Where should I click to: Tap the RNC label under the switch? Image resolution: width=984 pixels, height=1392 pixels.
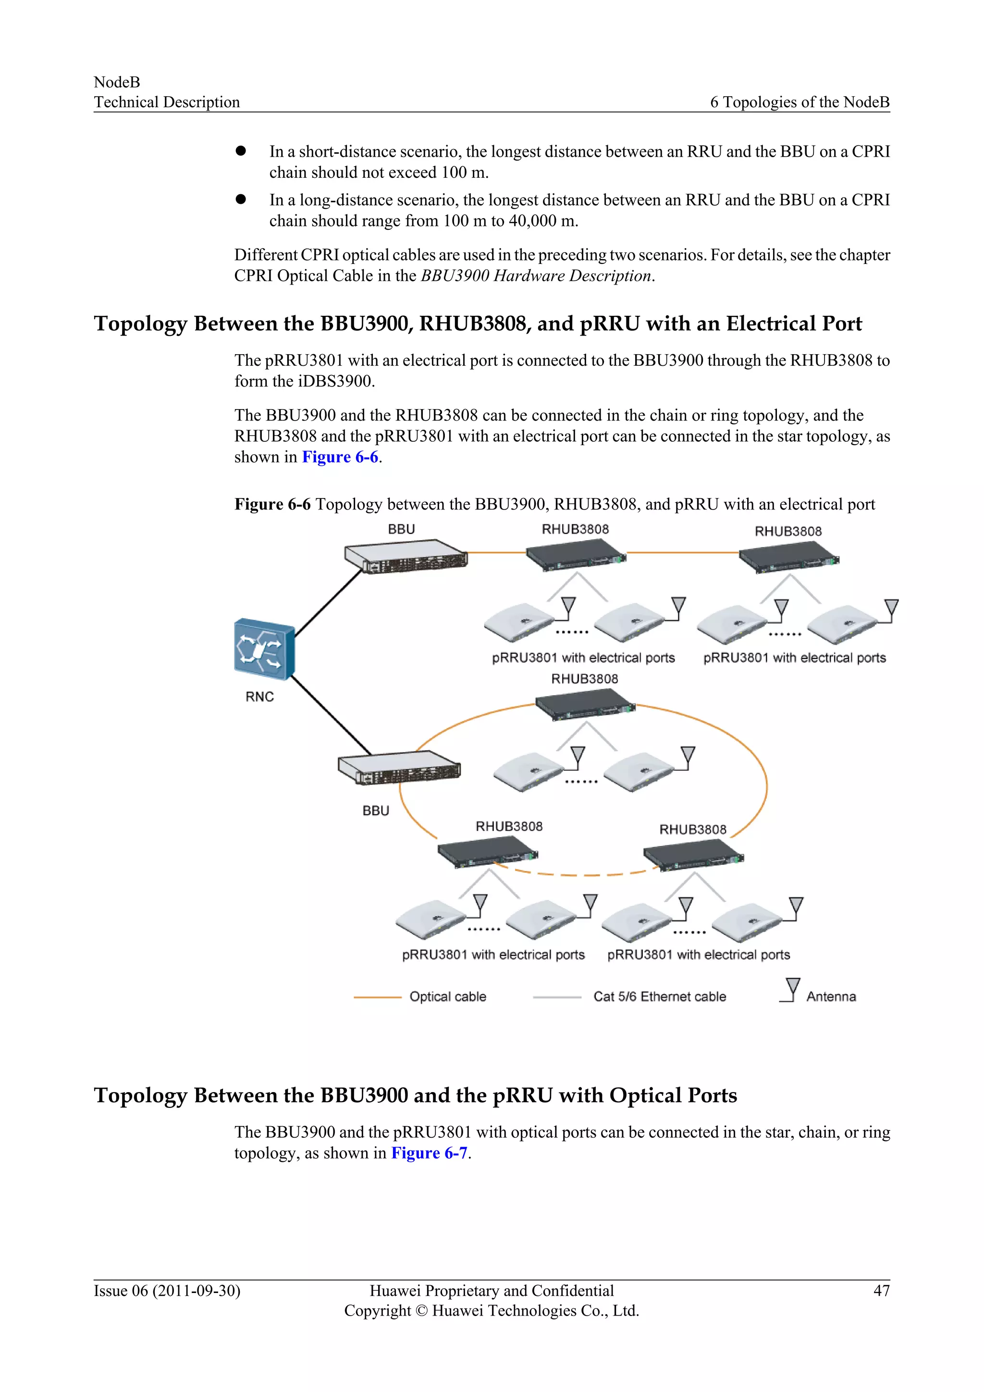pyautogui.click(x=259, y=696)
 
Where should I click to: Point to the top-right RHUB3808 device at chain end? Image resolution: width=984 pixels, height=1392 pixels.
pyautogui.click(x=788, y=556)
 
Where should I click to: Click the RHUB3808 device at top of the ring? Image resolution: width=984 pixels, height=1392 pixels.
pyautogui.click(x=585, y=705)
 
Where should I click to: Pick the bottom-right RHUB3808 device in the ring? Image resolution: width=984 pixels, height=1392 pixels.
pyautogui.click(x=692, y=855)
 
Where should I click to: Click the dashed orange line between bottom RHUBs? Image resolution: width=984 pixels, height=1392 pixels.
pyautogui.click(x=585, y=875)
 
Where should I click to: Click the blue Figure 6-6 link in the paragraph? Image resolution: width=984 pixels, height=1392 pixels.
pyautogui.click(x=340, y=457)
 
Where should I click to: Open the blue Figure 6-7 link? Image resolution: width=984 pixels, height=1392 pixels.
pyautogui.click(x=429, y=1153)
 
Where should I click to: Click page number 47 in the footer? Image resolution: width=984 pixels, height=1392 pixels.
pyautogui.click(x=881, y=1290)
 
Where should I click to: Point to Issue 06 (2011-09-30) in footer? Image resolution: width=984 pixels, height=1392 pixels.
pyautogui.click(x=167, y=1290)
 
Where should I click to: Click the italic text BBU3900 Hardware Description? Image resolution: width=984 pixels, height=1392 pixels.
pyautogui.click(x=536, y=276)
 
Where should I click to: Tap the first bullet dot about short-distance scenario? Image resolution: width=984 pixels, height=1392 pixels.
pyautogui.click(x=241, y=151)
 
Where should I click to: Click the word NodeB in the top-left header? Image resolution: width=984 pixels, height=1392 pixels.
pyautogui.click(x=117, y=82)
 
